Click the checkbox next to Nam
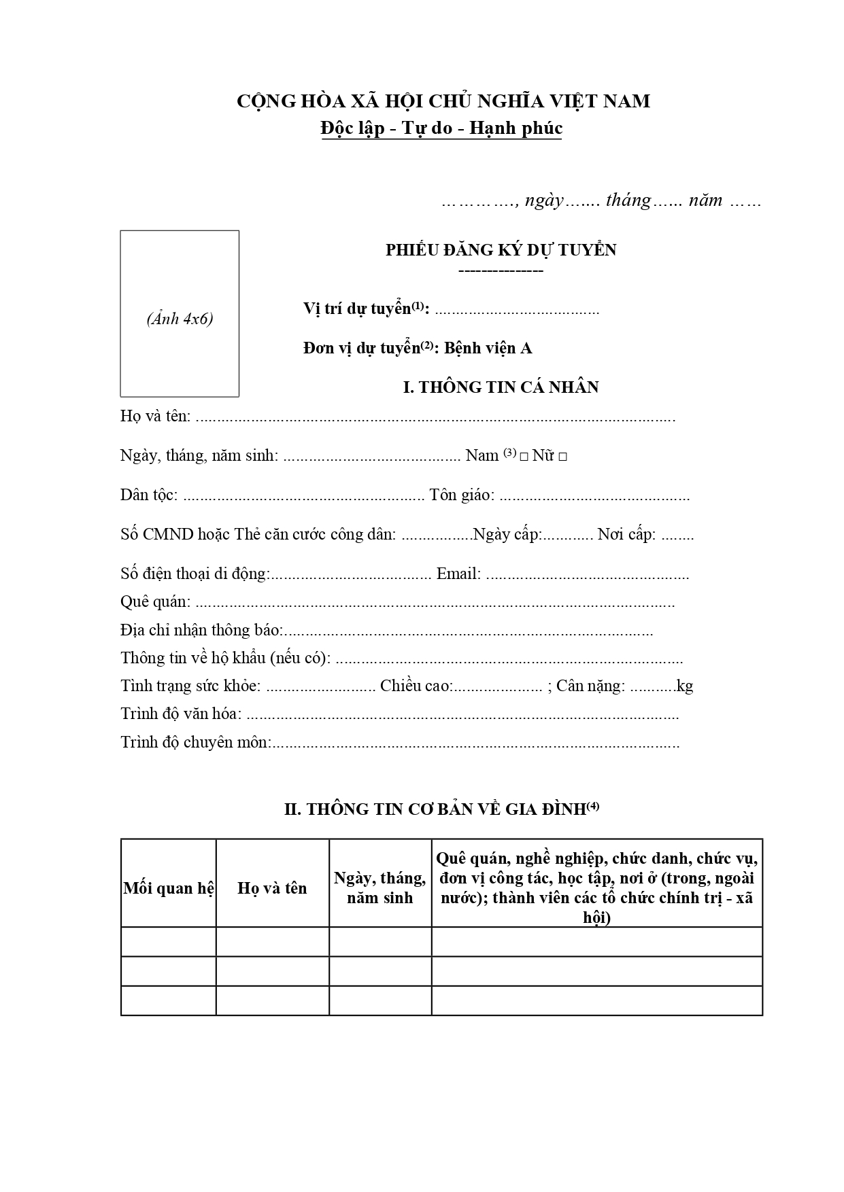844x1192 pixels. point(524,457)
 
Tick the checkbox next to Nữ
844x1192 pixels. point(562,457)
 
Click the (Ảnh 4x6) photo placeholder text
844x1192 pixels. point(180,319)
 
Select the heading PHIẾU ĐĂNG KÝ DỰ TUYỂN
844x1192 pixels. point(501,250)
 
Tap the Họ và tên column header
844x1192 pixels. point(272,888)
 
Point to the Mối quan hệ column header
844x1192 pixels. point(169,888)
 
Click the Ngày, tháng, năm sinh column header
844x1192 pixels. point(379,888)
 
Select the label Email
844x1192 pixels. point(458,574)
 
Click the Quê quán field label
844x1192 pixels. point(154,602)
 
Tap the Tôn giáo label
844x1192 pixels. point(461,495)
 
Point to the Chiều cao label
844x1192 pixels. point(416,686)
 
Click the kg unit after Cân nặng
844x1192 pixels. point(685,686)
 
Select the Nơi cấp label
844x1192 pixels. point(626,534)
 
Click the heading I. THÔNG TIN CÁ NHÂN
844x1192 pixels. point(501,387)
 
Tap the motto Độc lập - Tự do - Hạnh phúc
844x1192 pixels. point(442,128)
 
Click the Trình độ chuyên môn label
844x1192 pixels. point(195,742)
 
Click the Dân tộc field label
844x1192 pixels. point(148,495)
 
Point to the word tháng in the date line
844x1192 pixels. point(628,200)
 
